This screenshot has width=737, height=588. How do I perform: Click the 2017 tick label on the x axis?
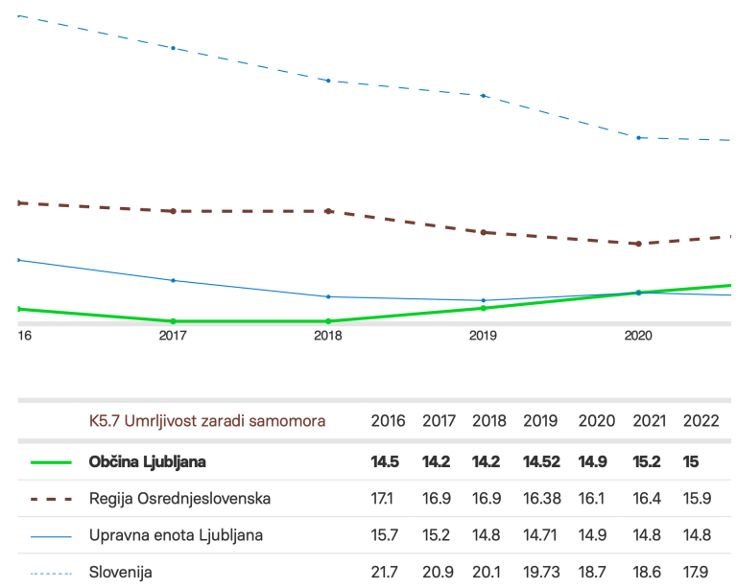[x=173, y=337]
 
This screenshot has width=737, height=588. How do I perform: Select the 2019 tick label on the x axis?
[x=483, y=337]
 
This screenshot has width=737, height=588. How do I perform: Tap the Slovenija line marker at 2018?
[x=328, y=81]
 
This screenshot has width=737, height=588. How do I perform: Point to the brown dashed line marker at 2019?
[x=484, y=232]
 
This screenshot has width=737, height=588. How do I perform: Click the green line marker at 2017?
[x=173, y=321]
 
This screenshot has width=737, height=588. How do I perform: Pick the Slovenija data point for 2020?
[x=638, y=137]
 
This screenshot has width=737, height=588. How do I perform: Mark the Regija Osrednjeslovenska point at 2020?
[x=638, y=244]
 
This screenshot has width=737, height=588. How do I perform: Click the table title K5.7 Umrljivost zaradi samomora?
[x=207, y=421]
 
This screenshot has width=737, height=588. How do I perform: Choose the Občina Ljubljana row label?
[x=147, y=462]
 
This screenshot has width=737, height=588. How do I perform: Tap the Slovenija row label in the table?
[x=121, y=573]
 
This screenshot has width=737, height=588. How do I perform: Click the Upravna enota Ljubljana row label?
[x=176, y=535]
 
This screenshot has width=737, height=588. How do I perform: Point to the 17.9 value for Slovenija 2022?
[x=699, y=573]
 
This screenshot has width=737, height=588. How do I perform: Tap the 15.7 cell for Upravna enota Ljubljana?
[x=387, y=535]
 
